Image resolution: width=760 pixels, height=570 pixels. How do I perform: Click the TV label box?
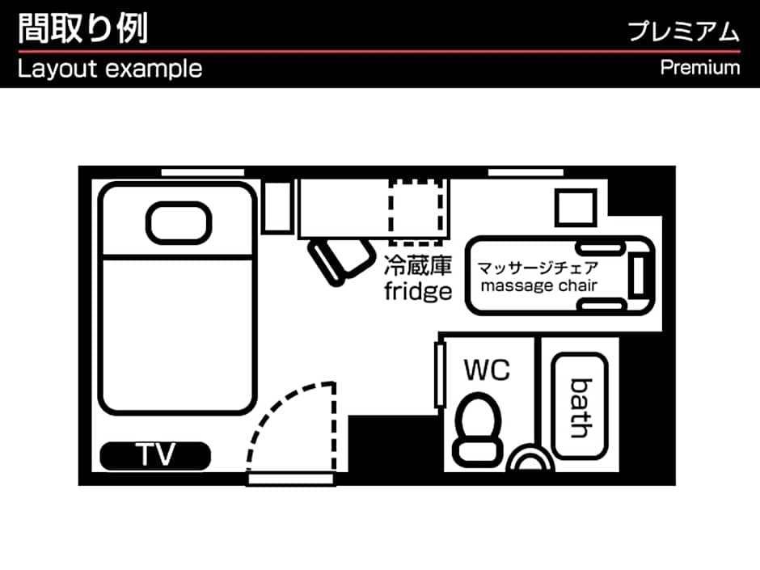(x=155, y=456)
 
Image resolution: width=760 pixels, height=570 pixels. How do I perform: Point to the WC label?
(x=487, y=370)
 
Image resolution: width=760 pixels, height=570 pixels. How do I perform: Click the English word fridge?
(x=417, y=291)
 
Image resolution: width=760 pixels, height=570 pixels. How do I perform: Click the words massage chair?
(x=539, y=285)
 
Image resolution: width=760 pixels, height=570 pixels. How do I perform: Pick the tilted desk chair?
(x=337, y=258)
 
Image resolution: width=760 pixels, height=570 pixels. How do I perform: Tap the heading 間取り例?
(x=82, y=28)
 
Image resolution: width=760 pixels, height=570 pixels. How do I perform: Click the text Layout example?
(x=110, y=69)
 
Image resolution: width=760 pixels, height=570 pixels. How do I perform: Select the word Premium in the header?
(x=700, y=67)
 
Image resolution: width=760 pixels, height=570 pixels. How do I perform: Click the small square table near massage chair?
(x=576, y=208)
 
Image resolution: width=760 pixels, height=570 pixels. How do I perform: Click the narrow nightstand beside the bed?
(x=277, y=208)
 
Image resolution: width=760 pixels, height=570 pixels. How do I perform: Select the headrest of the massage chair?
(x=638, y=276)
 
